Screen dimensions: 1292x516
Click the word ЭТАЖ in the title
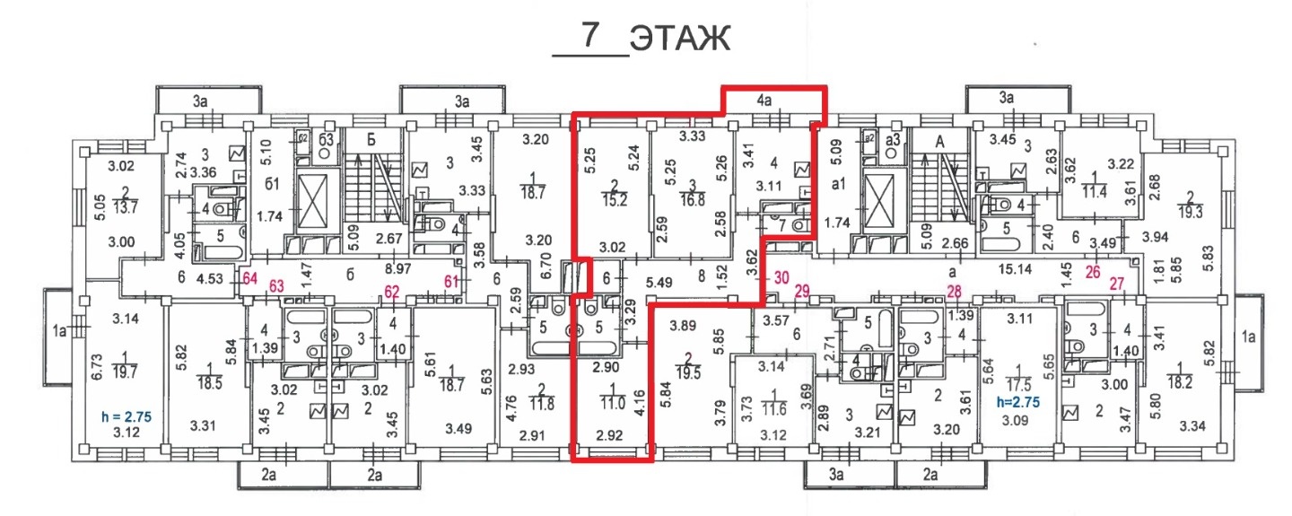click(680, 39)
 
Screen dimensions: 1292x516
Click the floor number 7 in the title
click(590, 35)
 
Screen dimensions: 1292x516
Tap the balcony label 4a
click(764, 101)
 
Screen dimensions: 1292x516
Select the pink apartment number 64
click(249, 279)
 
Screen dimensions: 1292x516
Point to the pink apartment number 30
click(781, 278)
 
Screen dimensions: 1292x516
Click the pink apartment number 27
click(1117, 284)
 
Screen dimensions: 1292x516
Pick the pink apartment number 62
click(391, 292)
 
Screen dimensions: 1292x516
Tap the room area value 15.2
click(615, 200)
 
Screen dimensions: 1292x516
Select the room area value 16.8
click(693, 200)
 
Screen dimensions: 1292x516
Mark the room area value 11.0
click(613, 402)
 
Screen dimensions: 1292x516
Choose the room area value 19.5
click(689, 372)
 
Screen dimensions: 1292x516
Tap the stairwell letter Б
click(371, 140)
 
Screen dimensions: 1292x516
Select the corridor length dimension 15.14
click(1015, 269)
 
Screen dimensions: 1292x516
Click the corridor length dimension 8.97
click(398, 268)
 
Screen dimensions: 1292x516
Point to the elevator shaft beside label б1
click(312, 201)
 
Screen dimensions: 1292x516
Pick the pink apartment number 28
click(955, 292)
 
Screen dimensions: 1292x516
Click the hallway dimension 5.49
click(659, 283)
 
